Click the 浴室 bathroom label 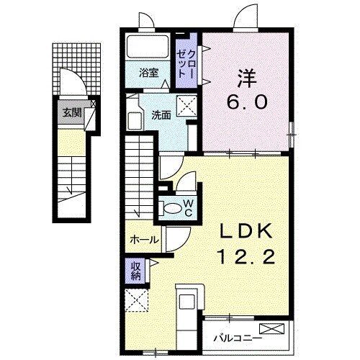point(150,71)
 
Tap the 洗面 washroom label point(161,114)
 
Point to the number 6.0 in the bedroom point(248,102)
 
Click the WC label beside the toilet point(188,207)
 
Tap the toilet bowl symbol point(172,207)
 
